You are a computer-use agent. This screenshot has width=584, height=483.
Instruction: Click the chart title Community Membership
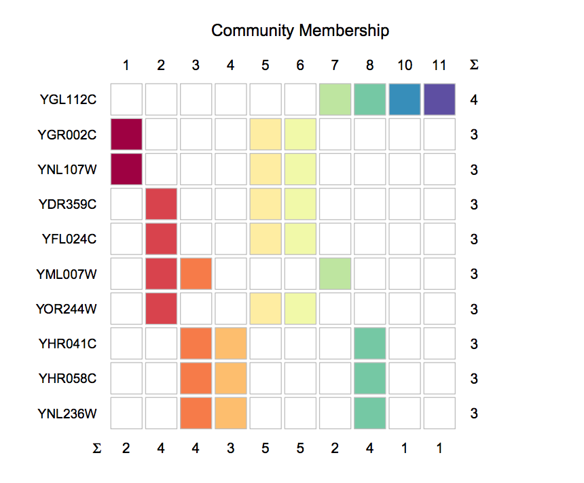pos(299,31)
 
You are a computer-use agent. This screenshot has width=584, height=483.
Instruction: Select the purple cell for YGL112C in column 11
pos(439,99)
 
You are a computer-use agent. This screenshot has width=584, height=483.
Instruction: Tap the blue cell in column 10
pos(405,99)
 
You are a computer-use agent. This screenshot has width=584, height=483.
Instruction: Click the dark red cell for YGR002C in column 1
pos(126,134)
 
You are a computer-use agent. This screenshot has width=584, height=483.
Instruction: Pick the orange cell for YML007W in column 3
pos(196,273)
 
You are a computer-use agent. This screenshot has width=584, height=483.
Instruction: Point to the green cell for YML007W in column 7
pos(335,273)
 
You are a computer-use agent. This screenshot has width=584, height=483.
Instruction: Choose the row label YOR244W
pos(66,309)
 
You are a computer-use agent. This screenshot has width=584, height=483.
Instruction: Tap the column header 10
pos(405,65)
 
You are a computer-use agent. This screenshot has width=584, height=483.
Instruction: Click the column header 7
pos(335,65)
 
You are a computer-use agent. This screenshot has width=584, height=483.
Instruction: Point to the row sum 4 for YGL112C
pos(474,100)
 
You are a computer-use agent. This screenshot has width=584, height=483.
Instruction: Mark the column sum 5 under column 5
pos(266,448)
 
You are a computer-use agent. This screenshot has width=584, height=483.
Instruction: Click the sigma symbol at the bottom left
pos(96,448)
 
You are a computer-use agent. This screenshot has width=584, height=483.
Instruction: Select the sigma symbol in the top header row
pos(474,65)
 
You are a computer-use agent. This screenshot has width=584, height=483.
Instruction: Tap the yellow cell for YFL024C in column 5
pos(266,239)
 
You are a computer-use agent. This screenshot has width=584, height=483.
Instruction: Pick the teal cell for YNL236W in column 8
pos(370,413)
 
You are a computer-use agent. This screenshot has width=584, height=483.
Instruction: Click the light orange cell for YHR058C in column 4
pos(231,378)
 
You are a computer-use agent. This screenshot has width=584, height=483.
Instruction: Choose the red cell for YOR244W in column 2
pos(161,309)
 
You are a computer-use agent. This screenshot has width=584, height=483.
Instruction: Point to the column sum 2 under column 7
pos(335,448)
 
